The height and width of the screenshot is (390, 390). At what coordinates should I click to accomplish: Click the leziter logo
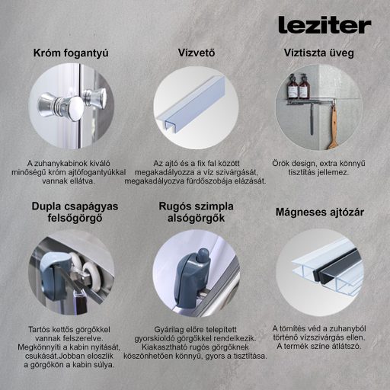(x=324, y=25)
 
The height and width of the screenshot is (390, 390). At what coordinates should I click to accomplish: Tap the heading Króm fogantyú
(x=71, y=53)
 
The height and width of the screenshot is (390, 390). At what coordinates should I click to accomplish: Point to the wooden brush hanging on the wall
(x=332, y=129)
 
